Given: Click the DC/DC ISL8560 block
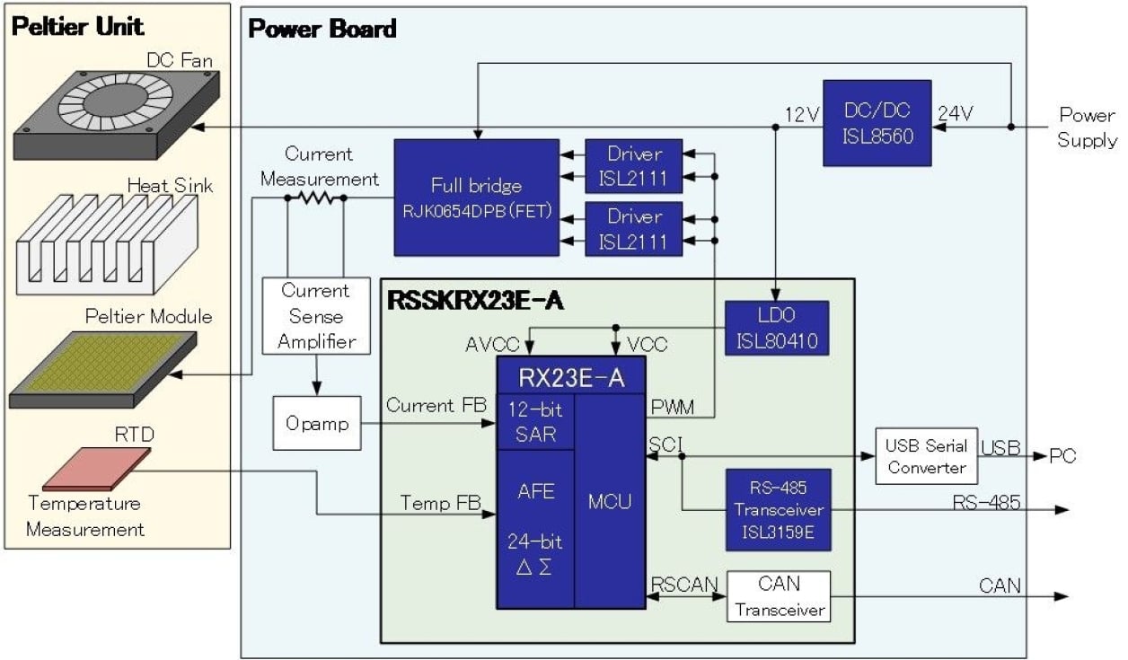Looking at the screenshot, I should (x=877, y=123).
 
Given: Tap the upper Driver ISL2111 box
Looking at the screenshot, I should (x=634, y=166).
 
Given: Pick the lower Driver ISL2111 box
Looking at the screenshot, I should (x=634, y=229).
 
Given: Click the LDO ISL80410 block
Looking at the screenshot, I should (x=777, y=327).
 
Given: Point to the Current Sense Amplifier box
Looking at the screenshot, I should (x=316, y=316).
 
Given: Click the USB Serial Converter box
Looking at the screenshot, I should (x=926, y=456).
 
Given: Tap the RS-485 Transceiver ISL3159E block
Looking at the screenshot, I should (x=778, y=509).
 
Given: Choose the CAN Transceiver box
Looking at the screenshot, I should (x=778, y=596).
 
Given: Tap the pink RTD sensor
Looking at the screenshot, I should (x=96, y=467).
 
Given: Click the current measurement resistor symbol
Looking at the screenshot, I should (x=315, y=198).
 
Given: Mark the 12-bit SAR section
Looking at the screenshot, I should (x=534, y=422).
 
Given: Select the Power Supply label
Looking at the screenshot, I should (x=1087, y=128).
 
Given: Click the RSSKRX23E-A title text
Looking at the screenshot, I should (x=475, y=301).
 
